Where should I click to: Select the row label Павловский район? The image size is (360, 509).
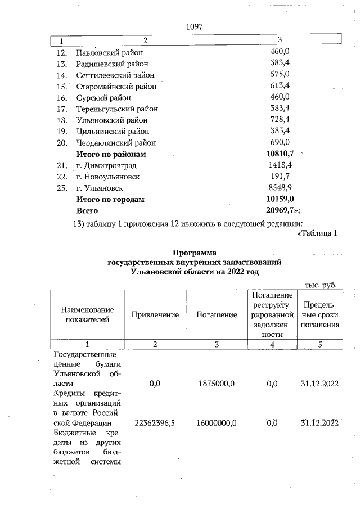(x=110, y=52)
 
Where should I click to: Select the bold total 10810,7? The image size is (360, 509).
(x=281, y=154)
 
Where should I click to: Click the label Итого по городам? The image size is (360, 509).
(x=110, y=199)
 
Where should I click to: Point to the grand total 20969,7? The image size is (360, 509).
(x=283, y=210)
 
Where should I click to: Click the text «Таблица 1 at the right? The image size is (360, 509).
(x=316, y=233)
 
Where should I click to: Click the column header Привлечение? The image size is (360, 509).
(x=155, y=315)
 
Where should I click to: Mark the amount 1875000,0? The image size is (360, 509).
(x=217, y=384)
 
